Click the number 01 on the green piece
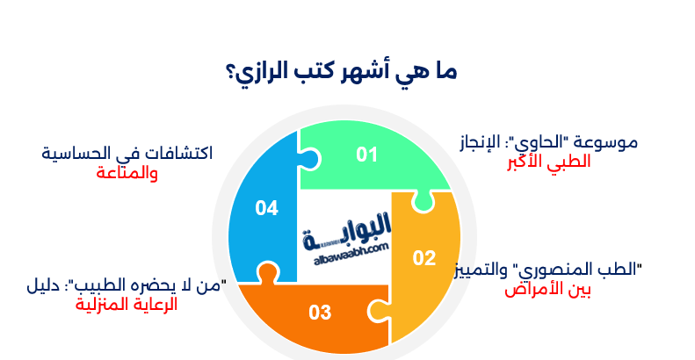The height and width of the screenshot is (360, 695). (366, 155)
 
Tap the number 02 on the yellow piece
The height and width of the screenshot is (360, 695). (424, 257)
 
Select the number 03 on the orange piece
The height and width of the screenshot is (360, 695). (320, 312)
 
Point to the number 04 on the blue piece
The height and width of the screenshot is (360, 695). (266, 208)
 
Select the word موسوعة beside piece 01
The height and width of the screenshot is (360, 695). (605, 142)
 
